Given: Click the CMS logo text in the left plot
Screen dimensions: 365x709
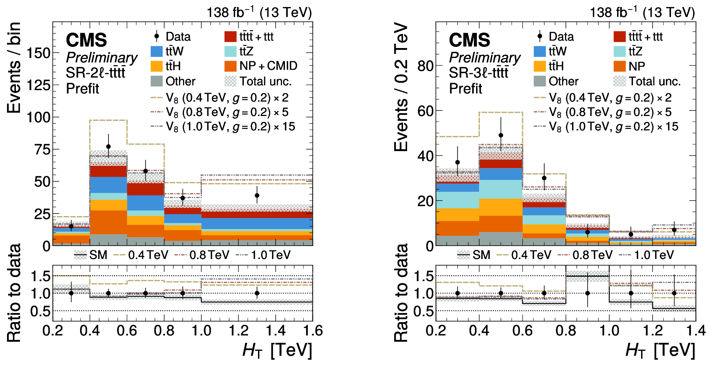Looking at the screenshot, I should (86, 40).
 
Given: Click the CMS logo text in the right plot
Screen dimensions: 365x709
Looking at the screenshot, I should (469, 40).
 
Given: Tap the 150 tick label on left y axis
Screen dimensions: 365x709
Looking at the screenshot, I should (38, 53).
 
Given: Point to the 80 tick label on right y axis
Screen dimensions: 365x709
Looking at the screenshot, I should (425, 66).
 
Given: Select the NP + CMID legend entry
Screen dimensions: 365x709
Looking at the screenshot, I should (261, 66).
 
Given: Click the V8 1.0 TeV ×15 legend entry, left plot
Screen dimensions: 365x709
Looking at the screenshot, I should (223, 127).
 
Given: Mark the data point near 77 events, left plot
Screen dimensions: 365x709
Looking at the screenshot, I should (109, 147).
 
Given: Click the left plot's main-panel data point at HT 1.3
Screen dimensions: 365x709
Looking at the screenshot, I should (257, 195).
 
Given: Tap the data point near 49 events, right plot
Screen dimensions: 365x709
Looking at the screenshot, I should (501, 135).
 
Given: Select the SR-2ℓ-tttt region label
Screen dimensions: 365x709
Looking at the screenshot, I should (96, 73).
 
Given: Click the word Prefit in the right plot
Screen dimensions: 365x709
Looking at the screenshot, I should (465, 89).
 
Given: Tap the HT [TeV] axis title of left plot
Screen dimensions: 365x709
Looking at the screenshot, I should (277, 350).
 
